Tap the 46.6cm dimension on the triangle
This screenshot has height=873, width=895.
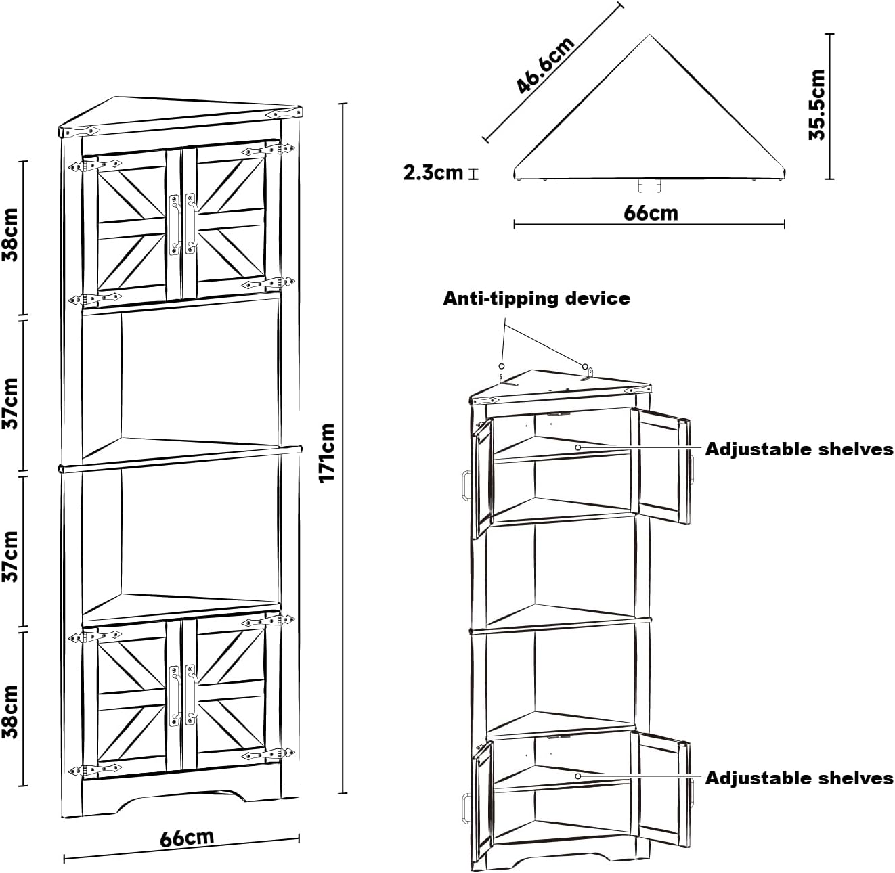coord(545,65)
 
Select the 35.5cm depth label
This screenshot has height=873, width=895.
coord(817,105)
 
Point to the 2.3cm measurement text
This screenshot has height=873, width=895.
coord(433,173)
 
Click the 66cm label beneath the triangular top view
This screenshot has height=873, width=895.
coord(650,212)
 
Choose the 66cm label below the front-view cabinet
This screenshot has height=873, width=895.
coord(187,838)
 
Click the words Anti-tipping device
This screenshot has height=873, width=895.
coord(536,298)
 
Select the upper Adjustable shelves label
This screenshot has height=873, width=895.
coord(799,449)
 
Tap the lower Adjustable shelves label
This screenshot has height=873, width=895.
coord(799,778)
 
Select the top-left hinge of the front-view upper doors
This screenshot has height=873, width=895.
coord(93,164)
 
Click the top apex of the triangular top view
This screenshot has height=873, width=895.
coord(650,35)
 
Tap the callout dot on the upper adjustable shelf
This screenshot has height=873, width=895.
coord(577,447)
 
